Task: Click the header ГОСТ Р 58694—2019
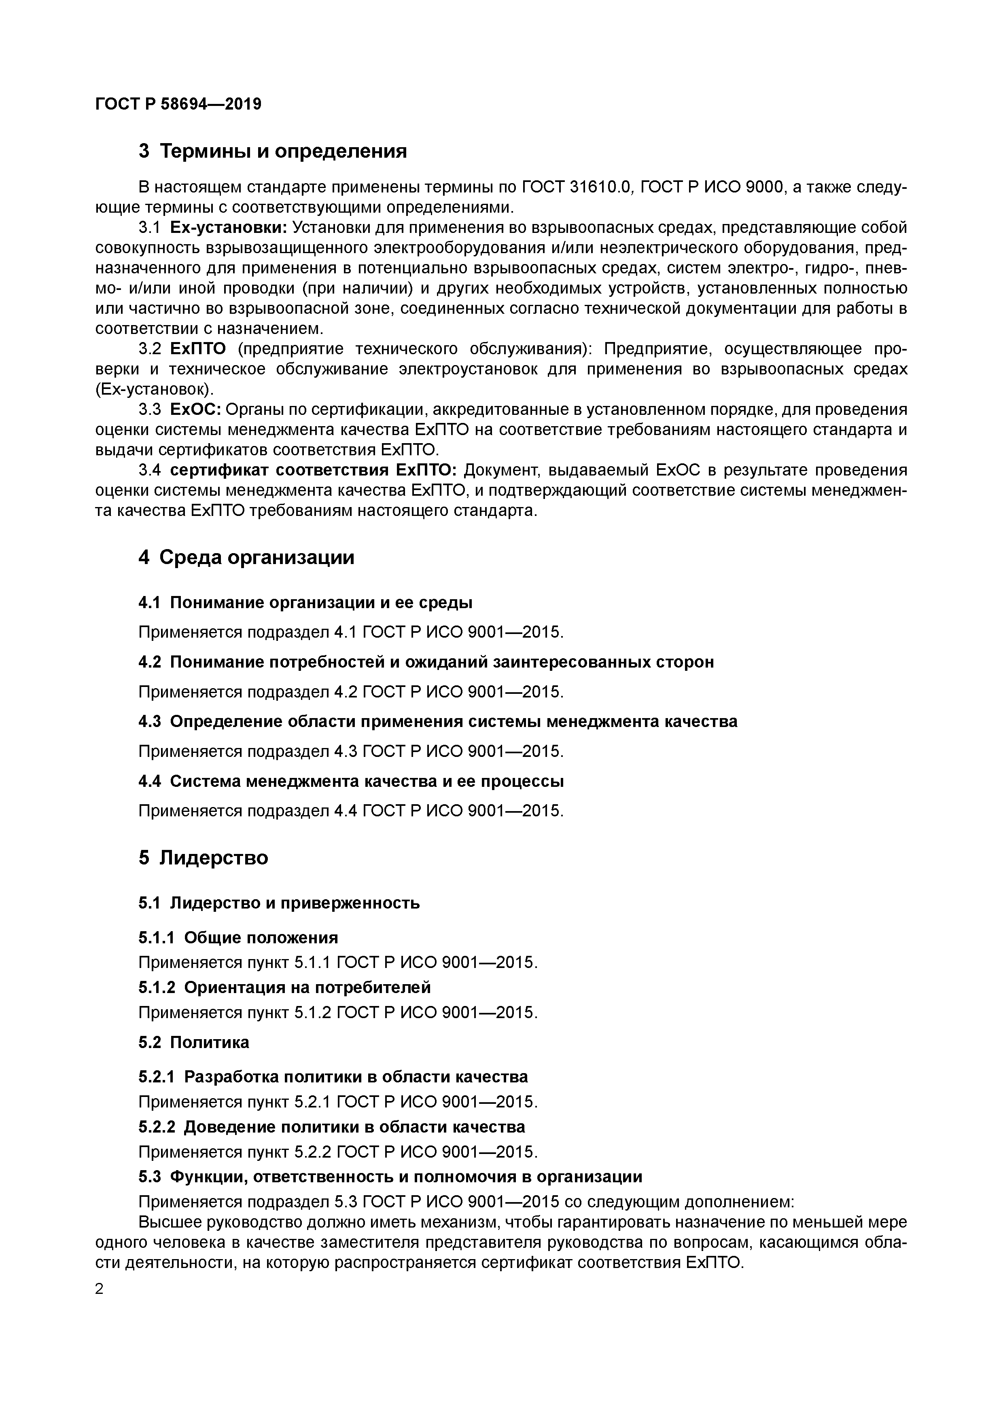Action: point(178,104)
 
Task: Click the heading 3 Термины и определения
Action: point(273,151)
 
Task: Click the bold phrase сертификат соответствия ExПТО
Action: point(313,470)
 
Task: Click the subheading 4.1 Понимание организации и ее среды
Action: point(305,602)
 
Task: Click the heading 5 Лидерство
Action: point(204,858)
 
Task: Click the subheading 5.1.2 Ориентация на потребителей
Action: point(284,987)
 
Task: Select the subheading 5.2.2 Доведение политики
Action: point(331,1127)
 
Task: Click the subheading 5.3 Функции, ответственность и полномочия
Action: point(390,1177)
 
